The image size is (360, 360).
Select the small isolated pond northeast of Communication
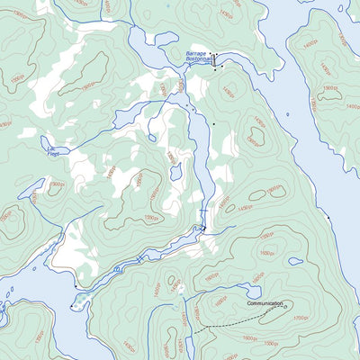[294, 262]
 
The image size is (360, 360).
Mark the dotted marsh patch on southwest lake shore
[84, 301]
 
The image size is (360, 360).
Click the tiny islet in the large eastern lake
[287, 114]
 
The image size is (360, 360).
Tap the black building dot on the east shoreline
[329, 219]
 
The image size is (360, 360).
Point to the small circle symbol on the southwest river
[117, 268]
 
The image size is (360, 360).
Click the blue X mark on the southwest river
[140, 259]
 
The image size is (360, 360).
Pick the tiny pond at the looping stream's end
[152, 138]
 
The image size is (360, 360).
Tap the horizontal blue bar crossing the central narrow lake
[203, 210]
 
